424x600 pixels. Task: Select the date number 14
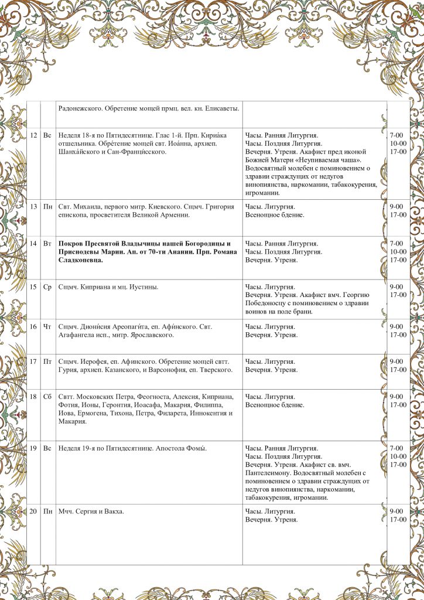(x=33, y=243)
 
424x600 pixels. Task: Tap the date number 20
(x=33, y=512)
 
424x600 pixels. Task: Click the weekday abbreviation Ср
(x=47, y=287)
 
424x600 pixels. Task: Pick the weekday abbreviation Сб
(x=47, y=397)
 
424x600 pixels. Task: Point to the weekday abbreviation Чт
(x=47, y=326)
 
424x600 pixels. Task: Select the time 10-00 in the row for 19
(x=398, y=456)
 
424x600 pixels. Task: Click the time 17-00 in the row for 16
(x=398, y=335)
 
